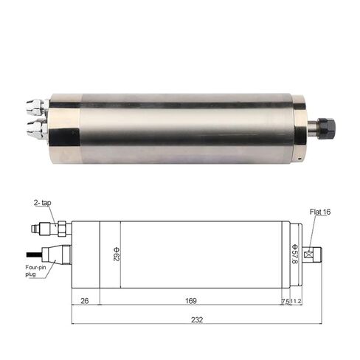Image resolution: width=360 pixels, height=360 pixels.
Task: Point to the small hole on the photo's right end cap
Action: (300, 156)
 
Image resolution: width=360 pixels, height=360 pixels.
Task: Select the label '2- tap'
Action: (41, 201)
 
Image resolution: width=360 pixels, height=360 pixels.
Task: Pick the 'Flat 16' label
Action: (321, 211)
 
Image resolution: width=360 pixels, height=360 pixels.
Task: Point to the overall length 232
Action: (196, 319)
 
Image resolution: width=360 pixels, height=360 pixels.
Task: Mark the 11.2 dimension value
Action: (297, 301)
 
